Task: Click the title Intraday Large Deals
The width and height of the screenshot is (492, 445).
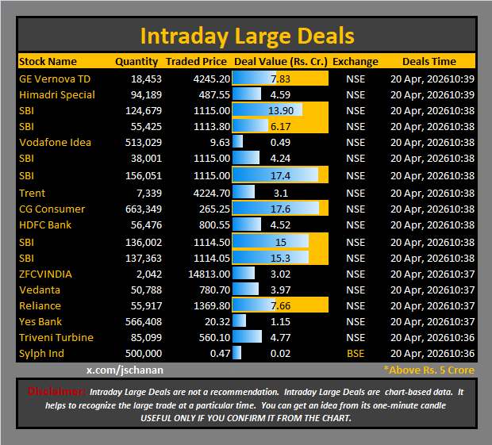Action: [247, 36]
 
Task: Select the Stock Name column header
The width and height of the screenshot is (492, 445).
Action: [48, 61]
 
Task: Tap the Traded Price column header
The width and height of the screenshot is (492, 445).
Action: [197, 61]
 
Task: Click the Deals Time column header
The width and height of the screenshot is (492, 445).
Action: [429, 61]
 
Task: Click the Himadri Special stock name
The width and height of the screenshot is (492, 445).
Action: [57, 94]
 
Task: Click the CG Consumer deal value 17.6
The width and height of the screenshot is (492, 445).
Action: [280, 209]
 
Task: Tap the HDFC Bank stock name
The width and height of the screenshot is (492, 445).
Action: [46, 224]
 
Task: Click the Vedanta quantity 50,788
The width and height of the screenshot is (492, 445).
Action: [140, 290]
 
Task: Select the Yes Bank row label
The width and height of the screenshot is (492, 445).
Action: [41, 321]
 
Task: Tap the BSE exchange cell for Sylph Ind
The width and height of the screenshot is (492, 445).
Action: [356, 353]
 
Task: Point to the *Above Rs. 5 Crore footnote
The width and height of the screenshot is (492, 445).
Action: [429, 370]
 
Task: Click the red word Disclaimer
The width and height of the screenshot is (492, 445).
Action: [57, 391]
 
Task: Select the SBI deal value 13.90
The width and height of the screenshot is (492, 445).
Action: [281, 110]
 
